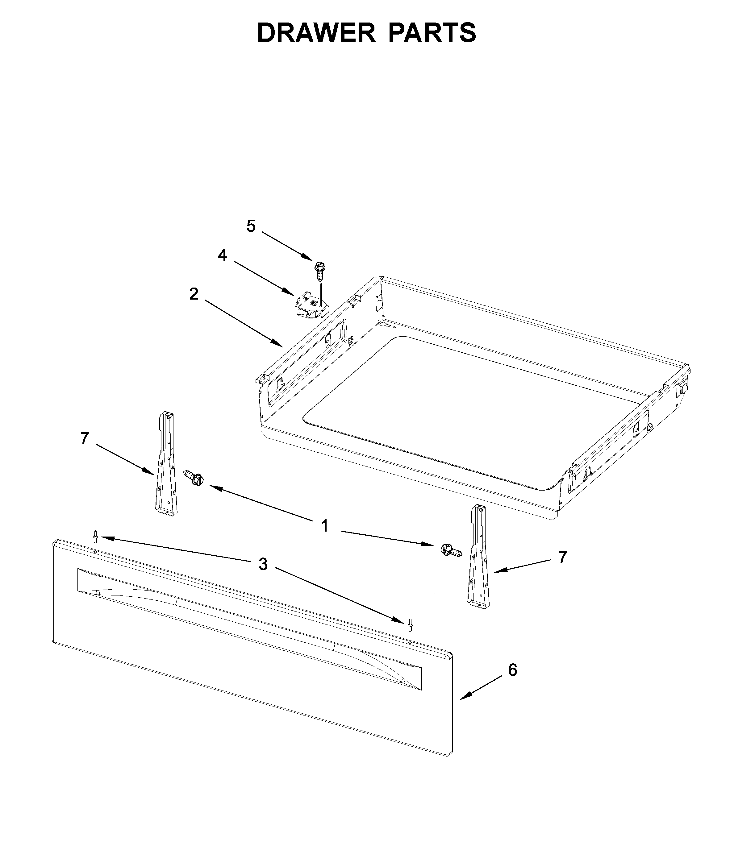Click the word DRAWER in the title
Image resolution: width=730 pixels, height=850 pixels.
pyautogui.click(x=316, y=33)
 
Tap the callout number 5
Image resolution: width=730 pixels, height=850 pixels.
pyautogui.click(x=251, y=226)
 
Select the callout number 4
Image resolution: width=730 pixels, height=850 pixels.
pyautogui.click(x=222, y=255)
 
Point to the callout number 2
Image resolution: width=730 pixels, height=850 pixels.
pyautogui.click(x=194, y=294)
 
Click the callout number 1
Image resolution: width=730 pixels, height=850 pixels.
pyautogui.click(x=325, y=526)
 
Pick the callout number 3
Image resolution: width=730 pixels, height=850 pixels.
pyautogui.click(x=263, y=565)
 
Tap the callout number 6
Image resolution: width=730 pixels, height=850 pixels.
pyautogui.click(x=512, y=670)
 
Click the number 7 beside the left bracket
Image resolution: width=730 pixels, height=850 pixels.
pyautogui.click(x=85, y=438)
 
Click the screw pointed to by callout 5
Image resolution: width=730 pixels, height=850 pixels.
pyautogui.click(x=319, y=271)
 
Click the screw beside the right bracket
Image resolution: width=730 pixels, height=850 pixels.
pyautogui.click(x=451, y=549)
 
